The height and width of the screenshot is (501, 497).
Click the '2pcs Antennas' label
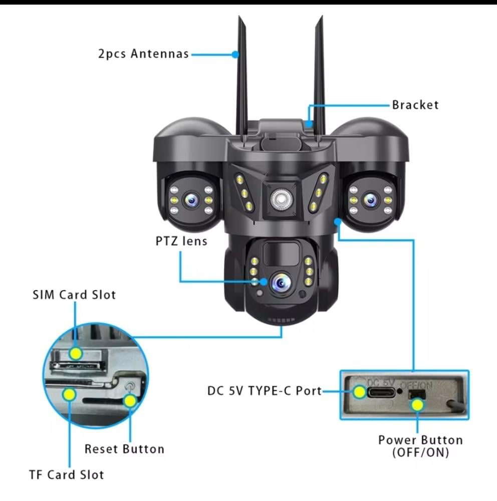click(143, 54)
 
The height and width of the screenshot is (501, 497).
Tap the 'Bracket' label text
click(415, 105)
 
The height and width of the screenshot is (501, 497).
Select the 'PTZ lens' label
click(181, 241)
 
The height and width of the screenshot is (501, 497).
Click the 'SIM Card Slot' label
click(74, 295)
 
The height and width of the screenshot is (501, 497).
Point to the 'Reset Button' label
click(124, 449)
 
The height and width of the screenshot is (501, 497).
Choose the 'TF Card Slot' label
click(67, 475)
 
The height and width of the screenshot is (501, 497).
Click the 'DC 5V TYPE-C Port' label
click(265, 391)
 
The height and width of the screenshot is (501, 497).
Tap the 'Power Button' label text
click(421, 440)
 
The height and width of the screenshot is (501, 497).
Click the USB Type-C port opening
click(381, 392)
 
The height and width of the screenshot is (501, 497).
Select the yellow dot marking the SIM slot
click(76, 353)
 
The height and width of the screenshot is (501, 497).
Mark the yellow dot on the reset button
click(130, 401)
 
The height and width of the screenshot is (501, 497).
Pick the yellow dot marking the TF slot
click(69, 394)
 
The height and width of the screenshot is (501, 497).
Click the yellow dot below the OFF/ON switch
click(417, 405)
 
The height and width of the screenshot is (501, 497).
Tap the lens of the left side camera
click(192, 200)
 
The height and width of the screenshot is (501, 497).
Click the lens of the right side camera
click(370, 200)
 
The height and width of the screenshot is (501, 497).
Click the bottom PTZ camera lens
click(281, 283)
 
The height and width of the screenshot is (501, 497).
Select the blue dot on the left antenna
click(235, 54)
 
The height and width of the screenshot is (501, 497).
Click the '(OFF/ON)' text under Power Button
click(421, 452)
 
